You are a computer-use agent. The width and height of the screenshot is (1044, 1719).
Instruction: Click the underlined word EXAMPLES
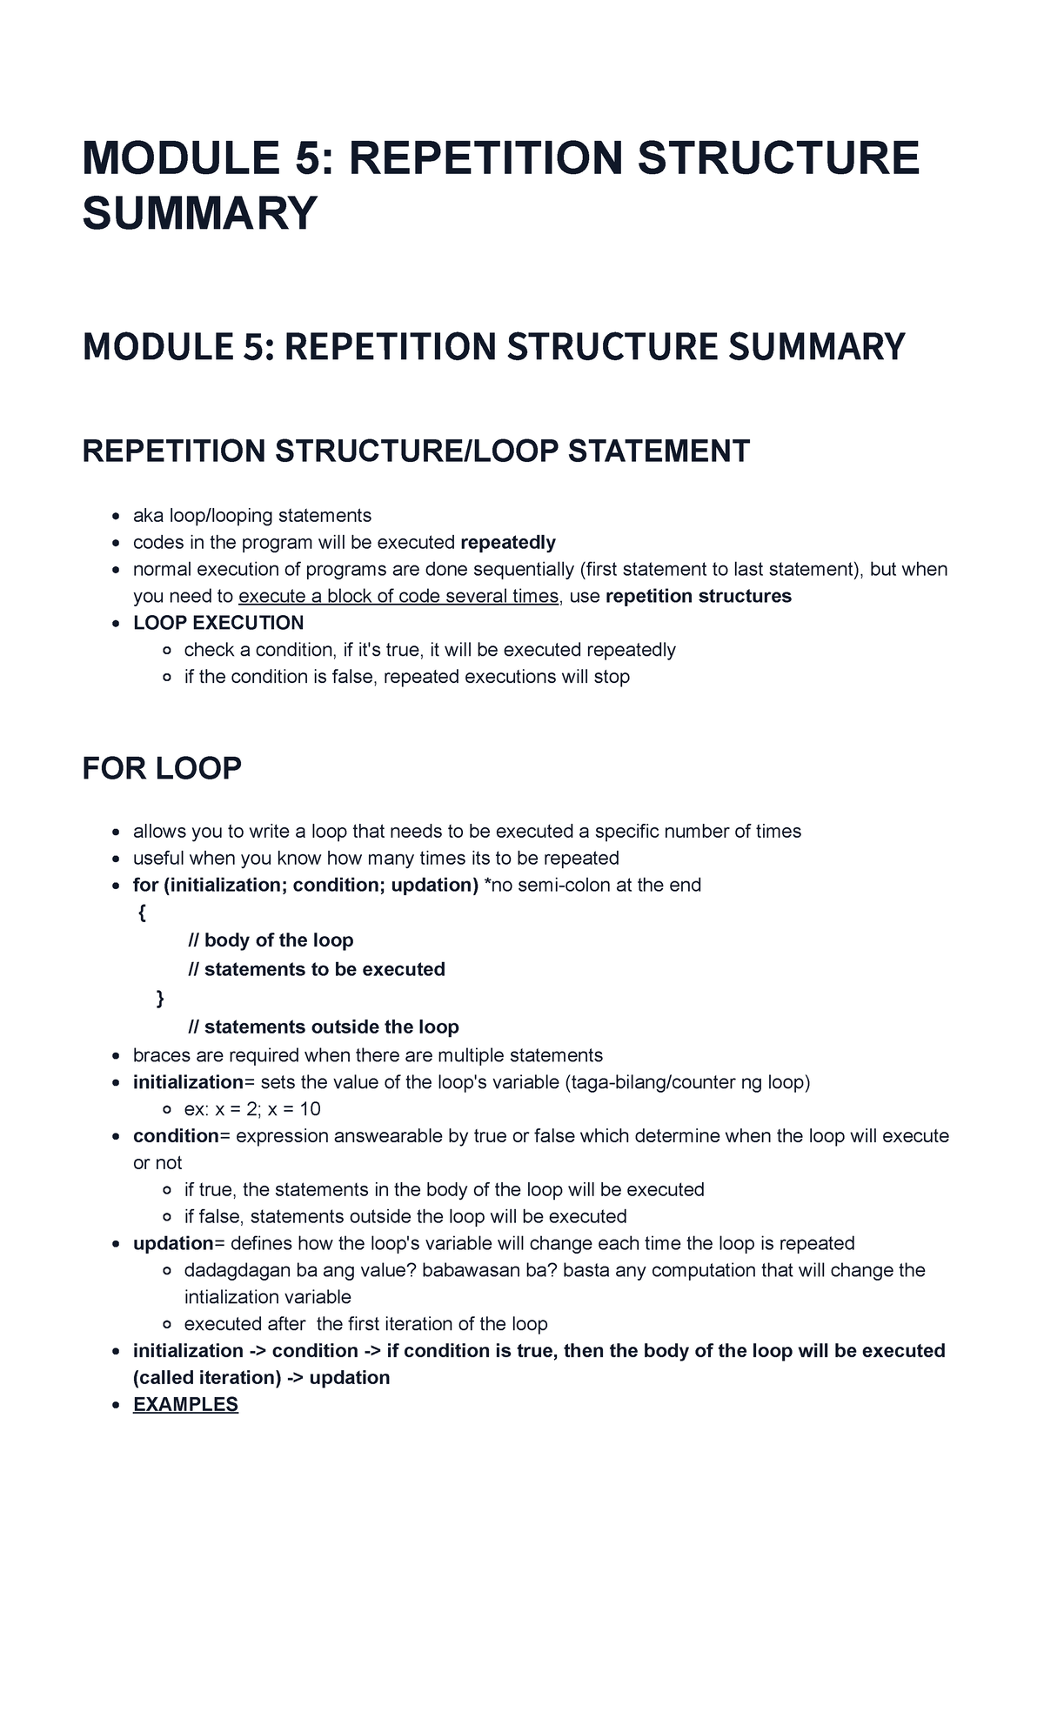185,1404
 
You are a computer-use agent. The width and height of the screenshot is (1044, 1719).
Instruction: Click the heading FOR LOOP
162,768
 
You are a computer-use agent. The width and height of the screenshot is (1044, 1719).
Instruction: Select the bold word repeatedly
507,542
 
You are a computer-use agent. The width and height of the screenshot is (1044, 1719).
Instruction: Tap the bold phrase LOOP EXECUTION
218,622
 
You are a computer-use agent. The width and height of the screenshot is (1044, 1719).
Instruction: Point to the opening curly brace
142,913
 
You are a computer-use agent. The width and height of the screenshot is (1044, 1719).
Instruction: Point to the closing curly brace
159,998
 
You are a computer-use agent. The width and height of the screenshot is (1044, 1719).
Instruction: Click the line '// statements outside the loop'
323,1027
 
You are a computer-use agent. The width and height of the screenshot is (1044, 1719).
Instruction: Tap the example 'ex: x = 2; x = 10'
252,1108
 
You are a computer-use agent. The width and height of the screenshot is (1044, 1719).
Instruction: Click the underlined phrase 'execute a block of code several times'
398,596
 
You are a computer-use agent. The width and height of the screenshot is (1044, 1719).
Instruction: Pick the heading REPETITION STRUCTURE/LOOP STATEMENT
416,451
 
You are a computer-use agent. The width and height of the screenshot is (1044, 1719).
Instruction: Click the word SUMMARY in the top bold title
200,213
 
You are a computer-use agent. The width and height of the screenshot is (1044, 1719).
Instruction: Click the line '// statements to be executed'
317,969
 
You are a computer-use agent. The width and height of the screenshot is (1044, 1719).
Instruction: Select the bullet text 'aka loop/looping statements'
252,515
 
